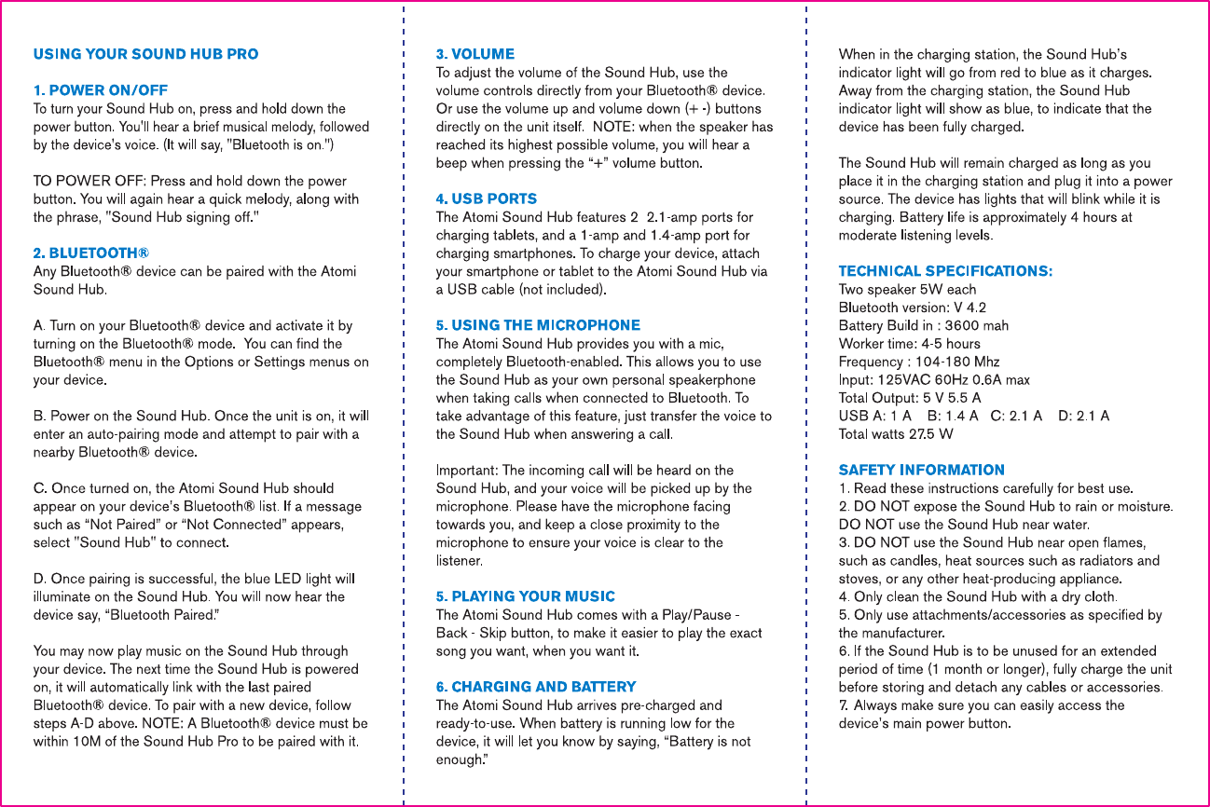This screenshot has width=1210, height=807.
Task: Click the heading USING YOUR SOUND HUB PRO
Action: click(145, 54)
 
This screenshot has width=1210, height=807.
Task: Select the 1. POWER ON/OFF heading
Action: click(101, 90)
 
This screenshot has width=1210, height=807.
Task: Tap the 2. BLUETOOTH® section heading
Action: click(91, 253)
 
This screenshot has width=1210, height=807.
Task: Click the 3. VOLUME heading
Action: click(475, 54)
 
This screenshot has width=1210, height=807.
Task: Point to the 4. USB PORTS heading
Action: click(487, 198)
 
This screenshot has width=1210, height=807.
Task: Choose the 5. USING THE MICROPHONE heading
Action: click(538, 325)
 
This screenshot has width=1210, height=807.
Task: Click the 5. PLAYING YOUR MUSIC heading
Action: click(526, 596)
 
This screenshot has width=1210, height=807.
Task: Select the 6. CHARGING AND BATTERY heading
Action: click(536, 687)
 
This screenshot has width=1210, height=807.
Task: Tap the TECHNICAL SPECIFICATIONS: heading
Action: click(945, 271)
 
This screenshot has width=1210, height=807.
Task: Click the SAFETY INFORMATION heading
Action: click(921, 470)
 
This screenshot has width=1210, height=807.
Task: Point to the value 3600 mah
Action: click(977, 325)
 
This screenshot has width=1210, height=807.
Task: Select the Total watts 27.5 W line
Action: click(896, 433)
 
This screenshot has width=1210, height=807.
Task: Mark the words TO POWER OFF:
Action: click(89, 181)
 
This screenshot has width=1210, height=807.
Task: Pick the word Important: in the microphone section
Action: click(467, 471)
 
